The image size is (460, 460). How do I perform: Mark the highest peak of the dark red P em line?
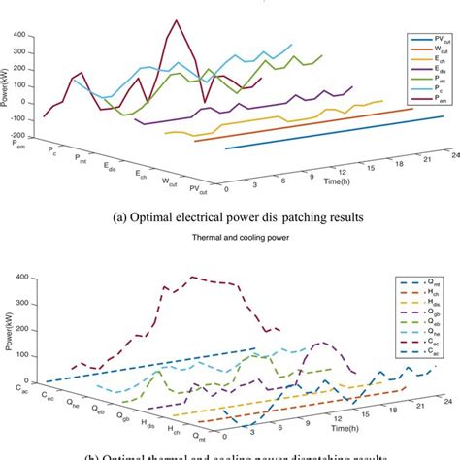tap(176, 19)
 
